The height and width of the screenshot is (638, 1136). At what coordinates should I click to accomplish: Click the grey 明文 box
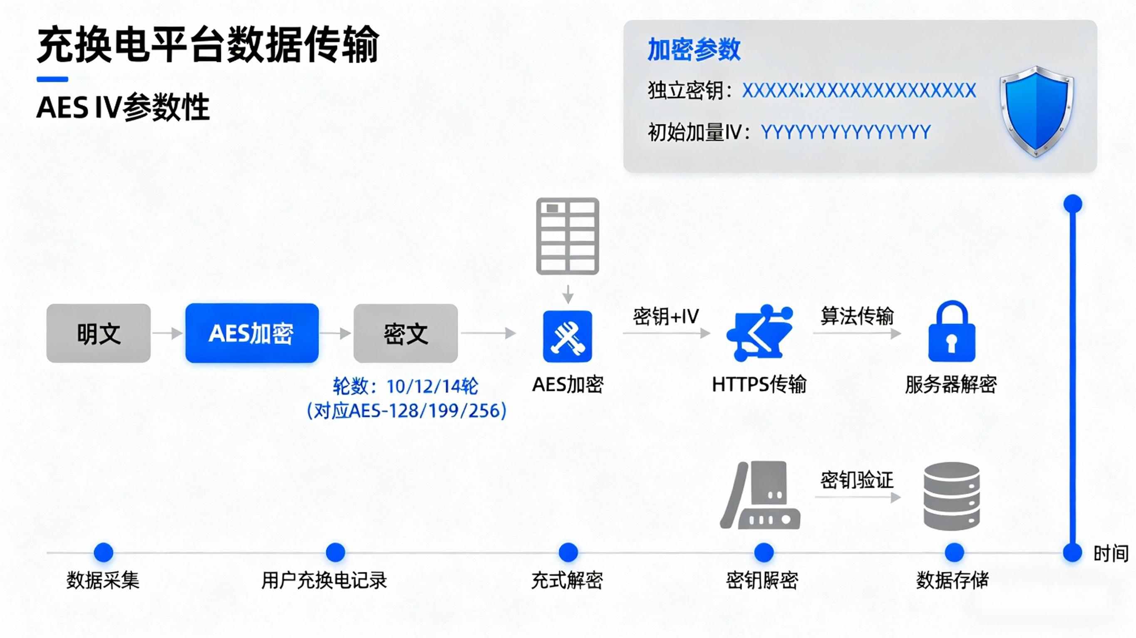click(98, 333)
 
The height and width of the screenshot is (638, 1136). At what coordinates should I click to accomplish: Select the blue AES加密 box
click(252, 333)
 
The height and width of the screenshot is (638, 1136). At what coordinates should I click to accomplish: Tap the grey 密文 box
click(405, 333)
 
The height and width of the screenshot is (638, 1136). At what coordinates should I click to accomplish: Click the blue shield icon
click(1036, 111)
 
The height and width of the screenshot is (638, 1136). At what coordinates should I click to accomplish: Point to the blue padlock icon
click(952, 331)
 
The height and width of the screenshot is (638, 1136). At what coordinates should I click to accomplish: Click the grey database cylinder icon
click(952, 496)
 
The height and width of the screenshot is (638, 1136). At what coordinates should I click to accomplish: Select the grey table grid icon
click(568, 236)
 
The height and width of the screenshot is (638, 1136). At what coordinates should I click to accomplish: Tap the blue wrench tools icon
click(568, 337)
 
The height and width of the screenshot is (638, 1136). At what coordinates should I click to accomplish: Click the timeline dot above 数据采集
click(104, 552)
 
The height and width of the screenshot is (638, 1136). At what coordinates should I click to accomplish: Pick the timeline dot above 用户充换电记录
click(335, 552)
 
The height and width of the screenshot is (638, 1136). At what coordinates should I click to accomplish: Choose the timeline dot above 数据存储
click(954, 552)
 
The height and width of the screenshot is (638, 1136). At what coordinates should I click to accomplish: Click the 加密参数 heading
click(694, 49)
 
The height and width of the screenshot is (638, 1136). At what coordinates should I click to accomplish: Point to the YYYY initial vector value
click(846, 132)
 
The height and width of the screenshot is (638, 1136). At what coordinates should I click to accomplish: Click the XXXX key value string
click(859, 91)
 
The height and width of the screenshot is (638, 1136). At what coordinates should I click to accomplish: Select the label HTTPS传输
click(759, 384)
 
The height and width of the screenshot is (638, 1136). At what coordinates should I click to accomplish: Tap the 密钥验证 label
click(857, 480)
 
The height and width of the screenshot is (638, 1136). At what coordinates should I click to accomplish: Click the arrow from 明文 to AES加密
click(168, 333)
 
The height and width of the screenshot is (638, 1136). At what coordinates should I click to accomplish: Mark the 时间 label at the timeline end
click(1111, 553)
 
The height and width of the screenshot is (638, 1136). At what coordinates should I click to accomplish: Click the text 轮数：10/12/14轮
click(405, 387)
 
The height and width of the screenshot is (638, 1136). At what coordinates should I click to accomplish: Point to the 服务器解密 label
click(951, 384)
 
